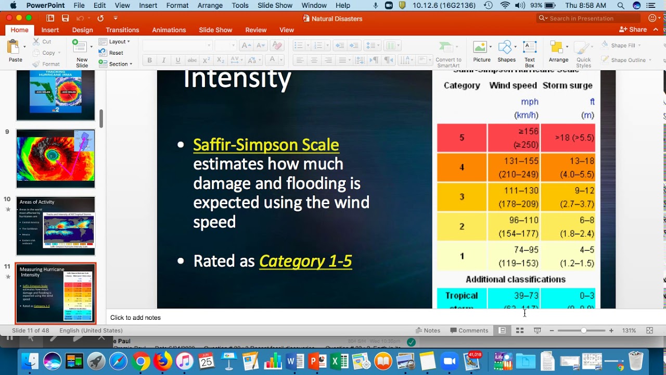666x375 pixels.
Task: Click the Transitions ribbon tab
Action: click(122, 30)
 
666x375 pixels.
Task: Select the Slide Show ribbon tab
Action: click(215, 30)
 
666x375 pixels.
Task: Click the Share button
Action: click(633, 30)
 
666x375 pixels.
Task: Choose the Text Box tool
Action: click(530, 54)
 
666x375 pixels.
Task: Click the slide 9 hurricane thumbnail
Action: click(56, 158)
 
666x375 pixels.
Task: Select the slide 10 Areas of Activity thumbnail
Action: click(56, 226)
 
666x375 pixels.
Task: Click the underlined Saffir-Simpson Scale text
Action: click(266, 145)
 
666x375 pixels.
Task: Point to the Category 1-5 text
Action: click(305, 261)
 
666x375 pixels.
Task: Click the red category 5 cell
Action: click(462, 138)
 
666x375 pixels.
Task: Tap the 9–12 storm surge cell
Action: click(568, 197)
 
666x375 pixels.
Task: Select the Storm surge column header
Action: click(567, 85)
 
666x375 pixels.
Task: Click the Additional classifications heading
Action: click(515, 280)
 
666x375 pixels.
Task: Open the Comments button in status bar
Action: click(469, 331)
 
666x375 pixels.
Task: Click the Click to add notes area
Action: click(135, 318)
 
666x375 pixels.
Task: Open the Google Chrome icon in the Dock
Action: click(140, 361)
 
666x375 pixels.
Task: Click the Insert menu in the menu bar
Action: click(148, 6)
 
